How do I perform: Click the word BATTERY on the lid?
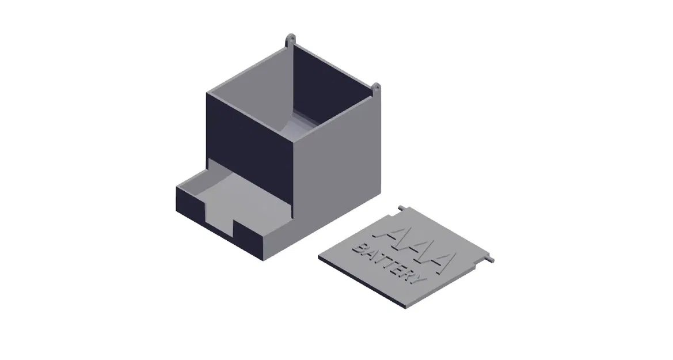click(389, 266)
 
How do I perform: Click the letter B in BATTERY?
click(359, 248)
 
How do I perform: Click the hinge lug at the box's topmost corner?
click(292, 40)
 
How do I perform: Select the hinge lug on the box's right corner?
click(377, 89)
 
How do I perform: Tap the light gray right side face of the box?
click(340, 167)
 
